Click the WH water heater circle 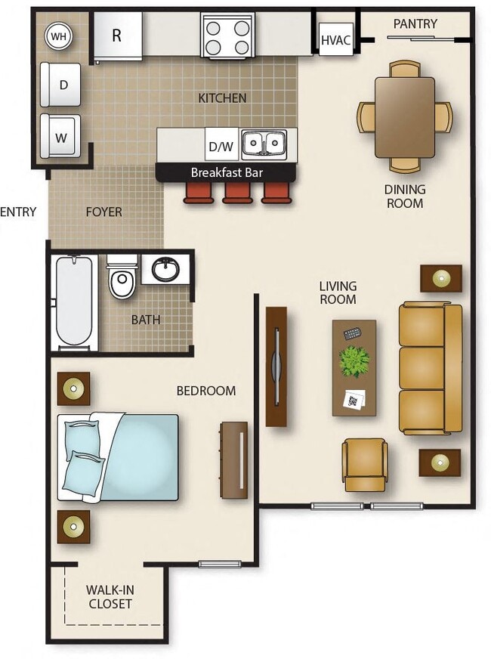(58, 35)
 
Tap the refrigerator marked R (117, 36)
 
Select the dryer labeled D (63, 85)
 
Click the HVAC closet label (335, 40)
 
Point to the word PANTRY (415, 23)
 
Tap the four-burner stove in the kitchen (227, 37)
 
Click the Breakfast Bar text (227, 172)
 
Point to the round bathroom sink (165, 268)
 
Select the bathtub (74, 303)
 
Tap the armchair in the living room (365, 463)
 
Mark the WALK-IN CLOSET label (110, 596)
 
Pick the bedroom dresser (234, 459)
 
